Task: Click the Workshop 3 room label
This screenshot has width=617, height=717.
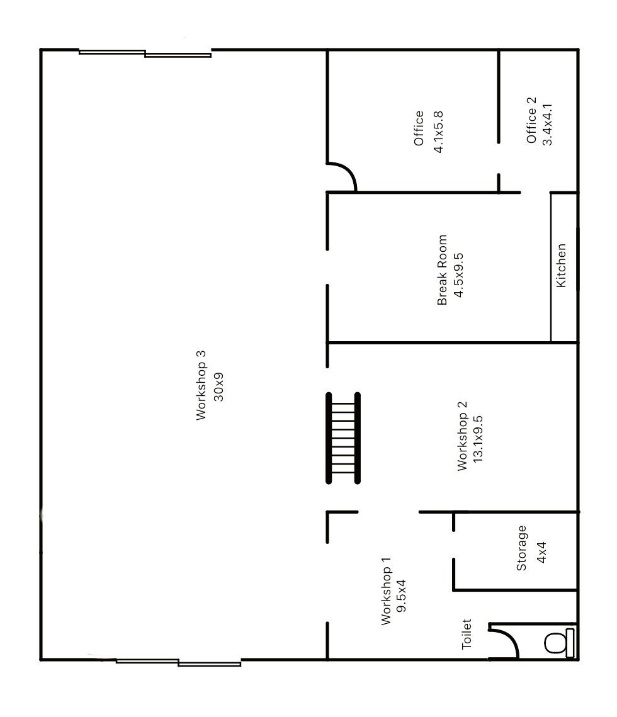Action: point(201,385)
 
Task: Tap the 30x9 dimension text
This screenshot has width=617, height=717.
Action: point(219,385)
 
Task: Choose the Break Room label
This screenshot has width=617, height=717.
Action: point(443,270)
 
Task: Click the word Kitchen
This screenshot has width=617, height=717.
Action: point(562,266)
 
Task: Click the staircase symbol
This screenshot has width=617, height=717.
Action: point(343,438)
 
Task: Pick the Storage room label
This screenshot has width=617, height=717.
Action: point(521,548)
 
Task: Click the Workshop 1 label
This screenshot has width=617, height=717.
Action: point(386,590)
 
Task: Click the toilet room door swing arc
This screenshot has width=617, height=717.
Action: point(507,639)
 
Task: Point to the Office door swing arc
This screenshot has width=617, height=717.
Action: point(344,175)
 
